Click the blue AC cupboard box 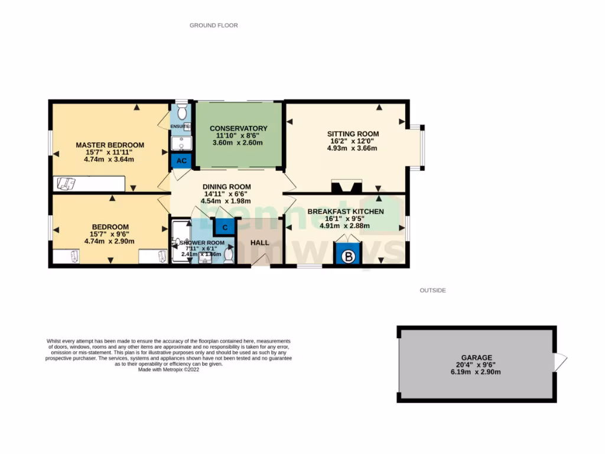click(x=181, y=161)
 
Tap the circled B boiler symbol click(x=348, y=257)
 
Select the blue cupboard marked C click(x=225, y=226)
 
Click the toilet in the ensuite click(x=182, y=112)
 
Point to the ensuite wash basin click(x=181, y=144)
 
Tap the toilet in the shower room click(x=228, y=255)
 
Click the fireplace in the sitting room click(x=346, y=187)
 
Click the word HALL click(x=259, y=243)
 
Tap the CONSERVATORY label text click(x=238, y=128)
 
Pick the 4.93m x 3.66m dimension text click(x=353, y=148)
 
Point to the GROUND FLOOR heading click(x=213, y=25)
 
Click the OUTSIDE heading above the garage click(x=432, y=290)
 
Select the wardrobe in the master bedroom click(x=89, y=184)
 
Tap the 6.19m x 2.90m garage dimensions click(x=477, y=372)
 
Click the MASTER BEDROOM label click(x=110, y=145)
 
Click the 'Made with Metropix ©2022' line click(x=168, y=369)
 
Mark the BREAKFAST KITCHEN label click(x=345, y=212)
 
